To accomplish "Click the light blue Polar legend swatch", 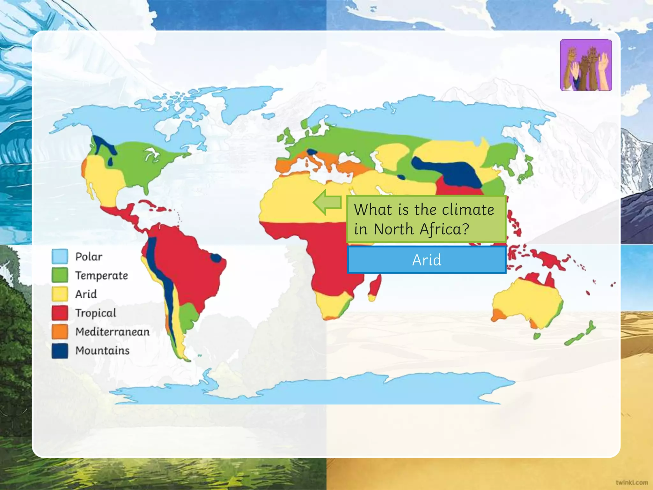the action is [60, 256].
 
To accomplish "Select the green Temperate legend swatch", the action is [60, 275].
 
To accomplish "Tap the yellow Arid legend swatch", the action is [60, 294].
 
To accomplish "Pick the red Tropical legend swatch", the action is [60, 313].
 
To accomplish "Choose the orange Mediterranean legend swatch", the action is [60, 331].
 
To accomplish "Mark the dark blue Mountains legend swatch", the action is [60, 351].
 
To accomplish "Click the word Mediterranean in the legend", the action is [112, 332].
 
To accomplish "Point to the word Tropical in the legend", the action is [96, 313].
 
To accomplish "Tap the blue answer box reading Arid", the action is [427, 260].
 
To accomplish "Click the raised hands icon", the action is [586, 65].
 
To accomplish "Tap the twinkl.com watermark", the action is [632, 482].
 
